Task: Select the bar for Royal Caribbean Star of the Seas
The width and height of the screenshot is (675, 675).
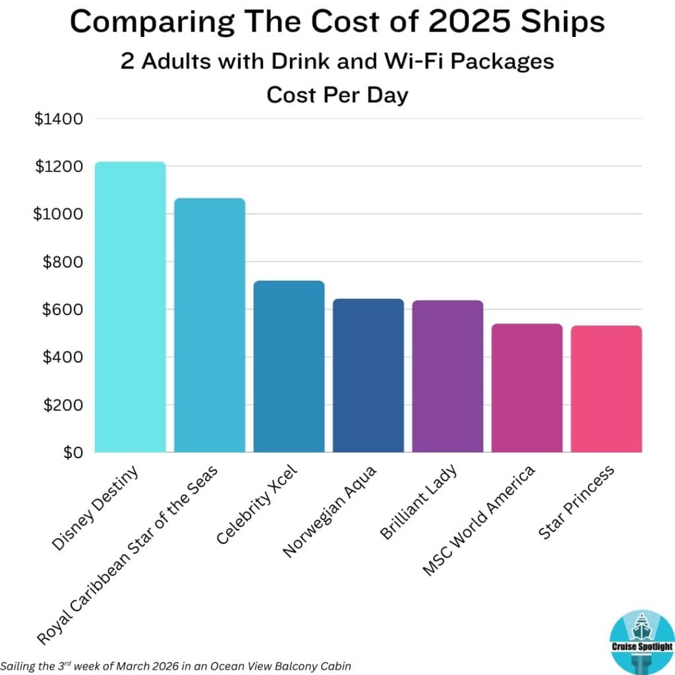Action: point(210,326)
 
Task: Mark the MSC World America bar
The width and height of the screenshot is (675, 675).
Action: point(527,388)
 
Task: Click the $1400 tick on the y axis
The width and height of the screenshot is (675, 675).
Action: point(59,119)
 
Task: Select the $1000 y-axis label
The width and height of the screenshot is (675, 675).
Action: point(59,214)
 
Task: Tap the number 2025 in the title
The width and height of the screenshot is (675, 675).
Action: point(471,24)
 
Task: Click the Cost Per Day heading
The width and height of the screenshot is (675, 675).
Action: point(337,95)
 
